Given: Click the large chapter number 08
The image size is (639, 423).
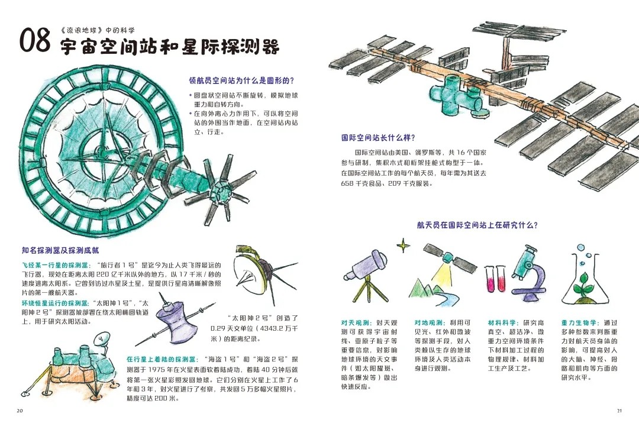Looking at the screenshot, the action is pos(35,40).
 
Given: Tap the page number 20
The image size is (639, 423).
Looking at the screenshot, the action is pos(20,411).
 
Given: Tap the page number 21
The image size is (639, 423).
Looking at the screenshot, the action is pos(619,411).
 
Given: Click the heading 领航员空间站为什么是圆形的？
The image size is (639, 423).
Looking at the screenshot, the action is pos(241,80).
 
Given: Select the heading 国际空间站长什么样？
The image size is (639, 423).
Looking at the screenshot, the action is pos(378,138).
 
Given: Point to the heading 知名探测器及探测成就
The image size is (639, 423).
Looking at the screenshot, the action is pos(60,250).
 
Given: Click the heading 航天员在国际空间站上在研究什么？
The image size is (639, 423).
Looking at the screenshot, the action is pos(477,225).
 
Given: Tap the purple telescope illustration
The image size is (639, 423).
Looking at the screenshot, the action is pos(364,275).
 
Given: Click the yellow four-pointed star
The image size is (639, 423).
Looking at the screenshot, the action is pos(404,246).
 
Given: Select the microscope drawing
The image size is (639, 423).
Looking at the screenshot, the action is pos(529,272).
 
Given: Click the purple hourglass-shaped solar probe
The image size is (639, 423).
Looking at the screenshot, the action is pos(175,322).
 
